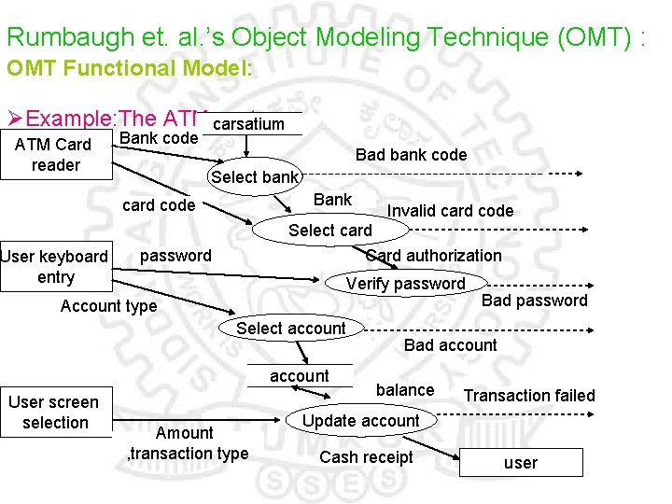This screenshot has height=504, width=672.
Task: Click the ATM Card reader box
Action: [x=55, y=155]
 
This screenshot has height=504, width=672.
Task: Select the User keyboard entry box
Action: [x=55, y=267]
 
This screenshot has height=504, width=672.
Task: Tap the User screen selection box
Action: [x=55, y=412]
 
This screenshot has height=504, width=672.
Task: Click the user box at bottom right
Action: [x=520, y=463]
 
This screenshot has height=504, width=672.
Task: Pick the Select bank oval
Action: [x=255, y=177]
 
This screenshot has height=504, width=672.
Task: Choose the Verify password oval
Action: [x=405, y=284]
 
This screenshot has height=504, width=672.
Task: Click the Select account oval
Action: [x=290, y=329]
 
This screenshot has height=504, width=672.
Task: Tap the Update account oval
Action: [x=361, y=421]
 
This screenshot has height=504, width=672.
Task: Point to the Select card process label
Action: [x=329, y=231]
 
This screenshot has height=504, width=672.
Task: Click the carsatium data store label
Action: [x=248, y=124]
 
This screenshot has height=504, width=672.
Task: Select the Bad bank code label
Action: [x=411, y=155]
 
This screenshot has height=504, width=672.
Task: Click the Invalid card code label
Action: [x=450, y=211]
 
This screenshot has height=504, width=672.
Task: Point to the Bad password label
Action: [x=534, y=301]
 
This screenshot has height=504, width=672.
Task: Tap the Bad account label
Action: [x=450, y=345]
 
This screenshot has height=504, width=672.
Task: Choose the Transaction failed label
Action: [x=528, y=396]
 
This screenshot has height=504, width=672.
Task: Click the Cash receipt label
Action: [x=366, y=457]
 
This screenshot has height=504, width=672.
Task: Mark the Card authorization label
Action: [x=433, y=256]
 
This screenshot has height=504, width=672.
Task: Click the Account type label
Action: [x=108, y=306]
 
